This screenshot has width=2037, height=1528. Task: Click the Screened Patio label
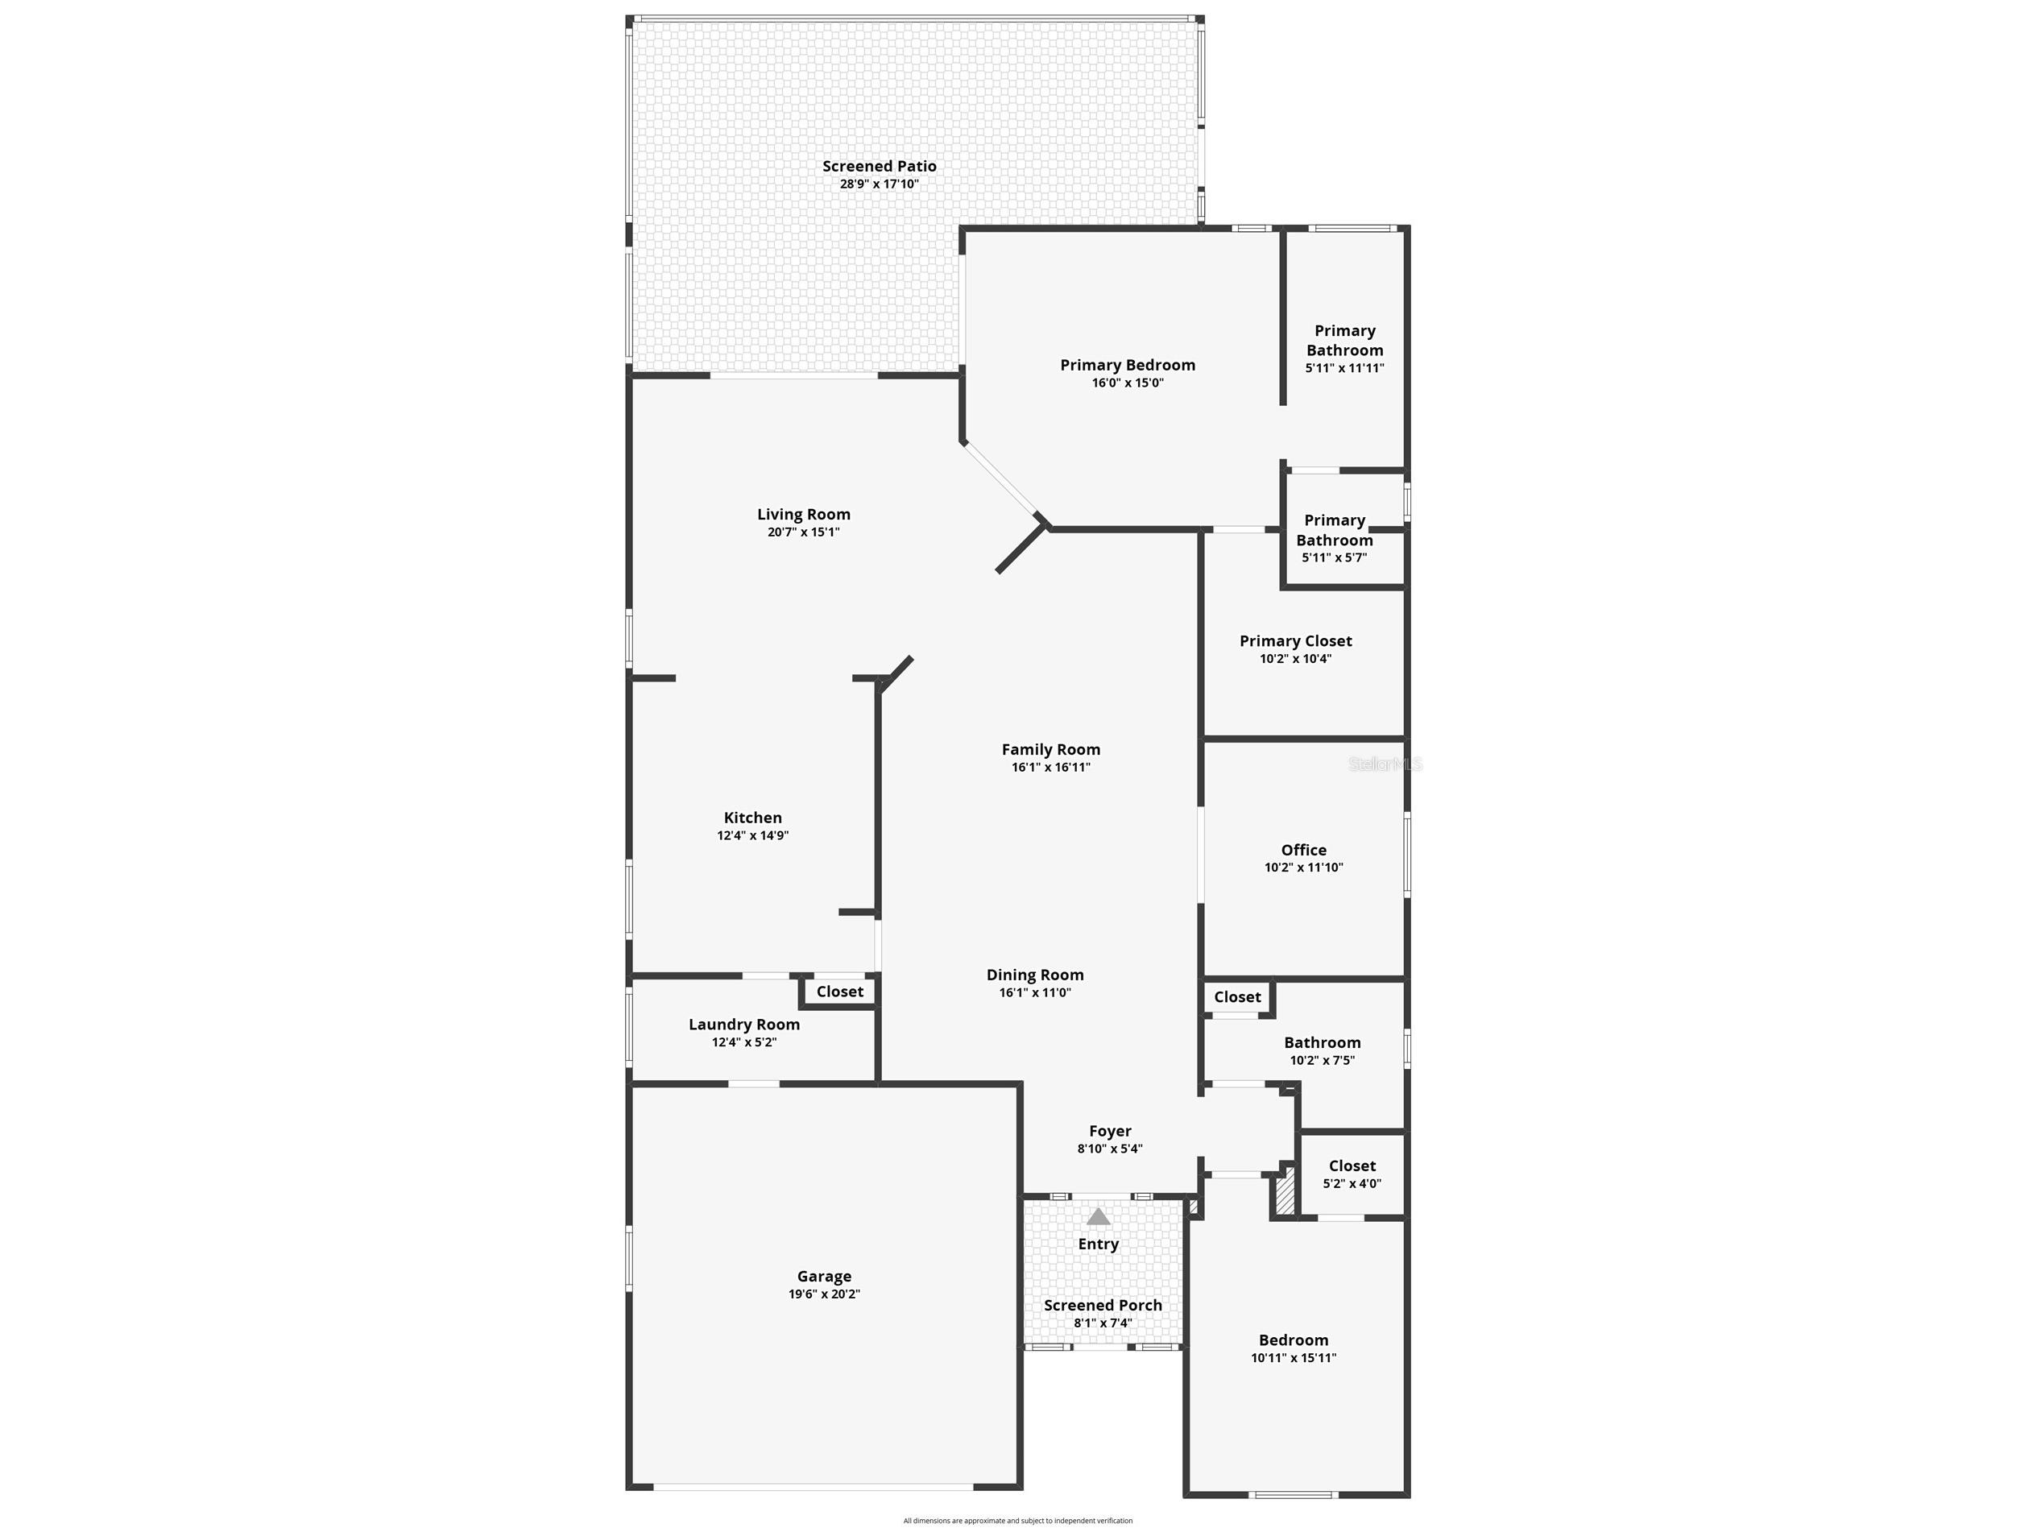879,167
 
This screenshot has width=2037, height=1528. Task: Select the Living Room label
803,515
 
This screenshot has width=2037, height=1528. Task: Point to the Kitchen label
752,818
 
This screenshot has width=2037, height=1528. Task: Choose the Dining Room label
1034,975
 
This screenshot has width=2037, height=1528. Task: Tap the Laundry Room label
743,1025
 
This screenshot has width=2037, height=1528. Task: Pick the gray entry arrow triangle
1098,1218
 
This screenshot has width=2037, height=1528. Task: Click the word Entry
1098,1244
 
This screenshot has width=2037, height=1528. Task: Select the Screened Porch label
1103,1306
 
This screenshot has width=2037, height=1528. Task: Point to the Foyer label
1110,1132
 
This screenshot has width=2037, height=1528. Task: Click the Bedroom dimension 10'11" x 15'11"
1293,1357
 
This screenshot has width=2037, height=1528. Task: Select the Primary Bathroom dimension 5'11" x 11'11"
1344,368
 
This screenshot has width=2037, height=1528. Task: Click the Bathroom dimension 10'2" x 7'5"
1322,1061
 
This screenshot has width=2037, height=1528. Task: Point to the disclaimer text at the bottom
1017,1521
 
